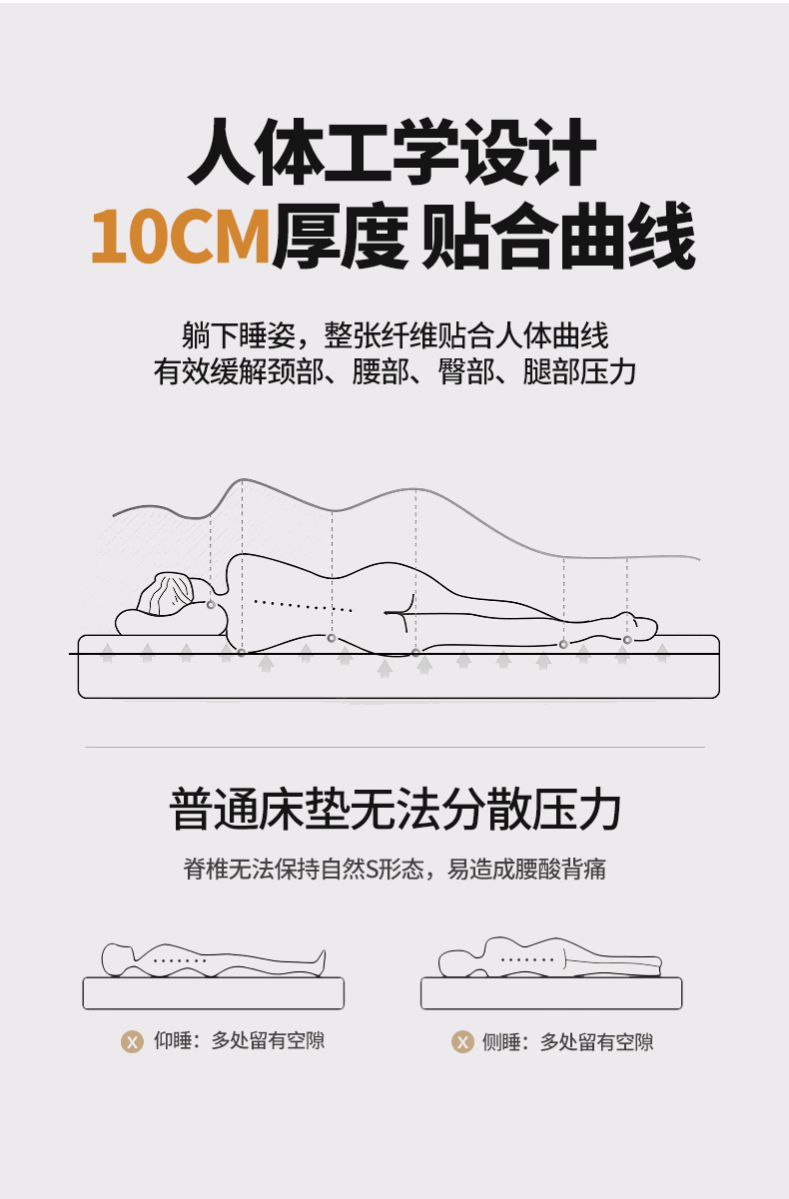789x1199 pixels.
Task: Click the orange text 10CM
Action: pos(181,237)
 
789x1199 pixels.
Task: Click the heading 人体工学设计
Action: pos(393,152)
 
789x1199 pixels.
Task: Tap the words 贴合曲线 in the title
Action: pos(559,236)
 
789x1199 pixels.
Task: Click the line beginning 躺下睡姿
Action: pos(394,335)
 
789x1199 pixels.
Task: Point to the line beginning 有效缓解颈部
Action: pos(394,371)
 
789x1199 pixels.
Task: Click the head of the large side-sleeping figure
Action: pos(171,594)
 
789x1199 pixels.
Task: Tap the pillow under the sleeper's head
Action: pos(171,623)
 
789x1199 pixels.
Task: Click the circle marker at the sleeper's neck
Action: pos(211,605)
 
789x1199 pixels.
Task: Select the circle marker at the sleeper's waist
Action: pos(332,638)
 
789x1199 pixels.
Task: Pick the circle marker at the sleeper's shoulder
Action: pos(242,653)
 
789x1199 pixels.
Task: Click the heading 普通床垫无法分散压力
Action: pos(394,809)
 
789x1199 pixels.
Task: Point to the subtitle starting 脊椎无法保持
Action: pos(394,869)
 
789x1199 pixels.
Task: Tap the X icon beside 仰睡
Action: pos(132,1041)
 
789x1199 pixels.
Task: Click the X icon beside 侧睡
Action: pos(462,1041)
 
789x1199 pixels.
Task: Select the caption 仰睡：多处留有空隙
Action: pos(240,1040)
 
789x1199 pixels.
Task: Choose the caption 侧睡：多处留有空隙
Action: pos(567,1041)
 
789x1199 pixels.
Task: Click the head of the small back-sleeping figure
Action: pos(118,959)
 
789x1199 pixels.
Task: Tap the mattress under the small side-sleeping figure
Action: pos(551,993)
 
